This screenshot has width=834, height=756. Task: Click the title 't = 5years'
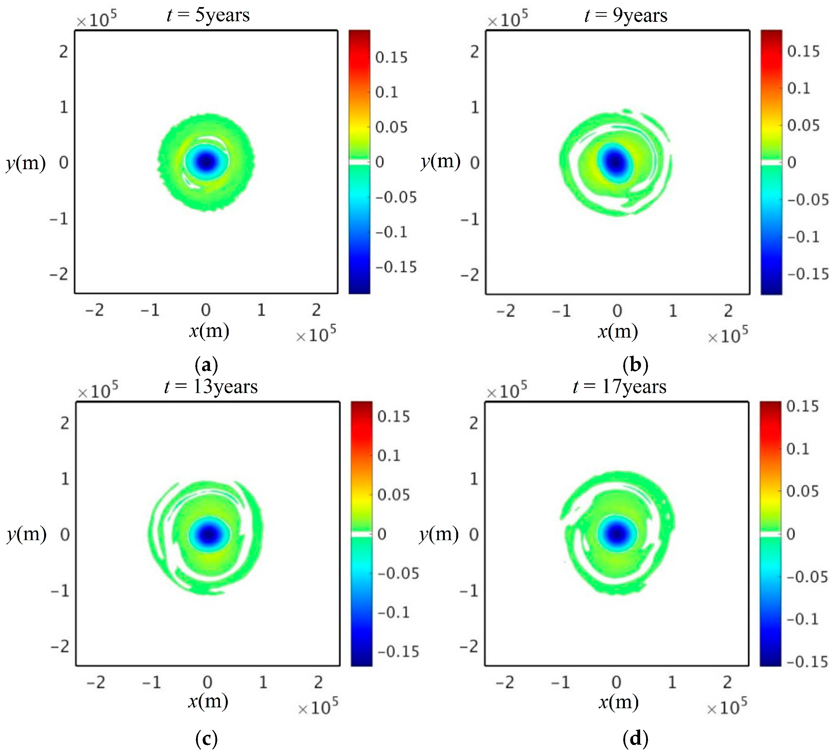pos(208,15)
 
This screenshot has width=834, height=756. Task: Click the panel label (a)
pos(206,365)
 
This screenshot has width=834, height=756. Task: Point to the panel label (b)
pos(635,365)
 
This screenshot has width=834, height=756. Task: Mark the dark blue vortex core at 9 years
pos(616,162)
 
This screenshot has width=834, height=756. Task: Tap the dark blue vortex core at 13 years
pos(209,534)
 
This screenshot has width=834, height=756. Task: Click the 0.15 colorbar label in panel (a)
pos(391,57)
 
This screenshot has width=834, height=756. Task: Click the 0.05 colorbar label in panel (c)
pos(393,495)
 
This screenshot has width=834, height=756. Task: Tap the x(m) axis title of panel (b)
pos(618,332)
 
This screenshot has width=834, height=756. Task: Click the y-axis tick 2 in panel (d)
pos(474,423)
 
